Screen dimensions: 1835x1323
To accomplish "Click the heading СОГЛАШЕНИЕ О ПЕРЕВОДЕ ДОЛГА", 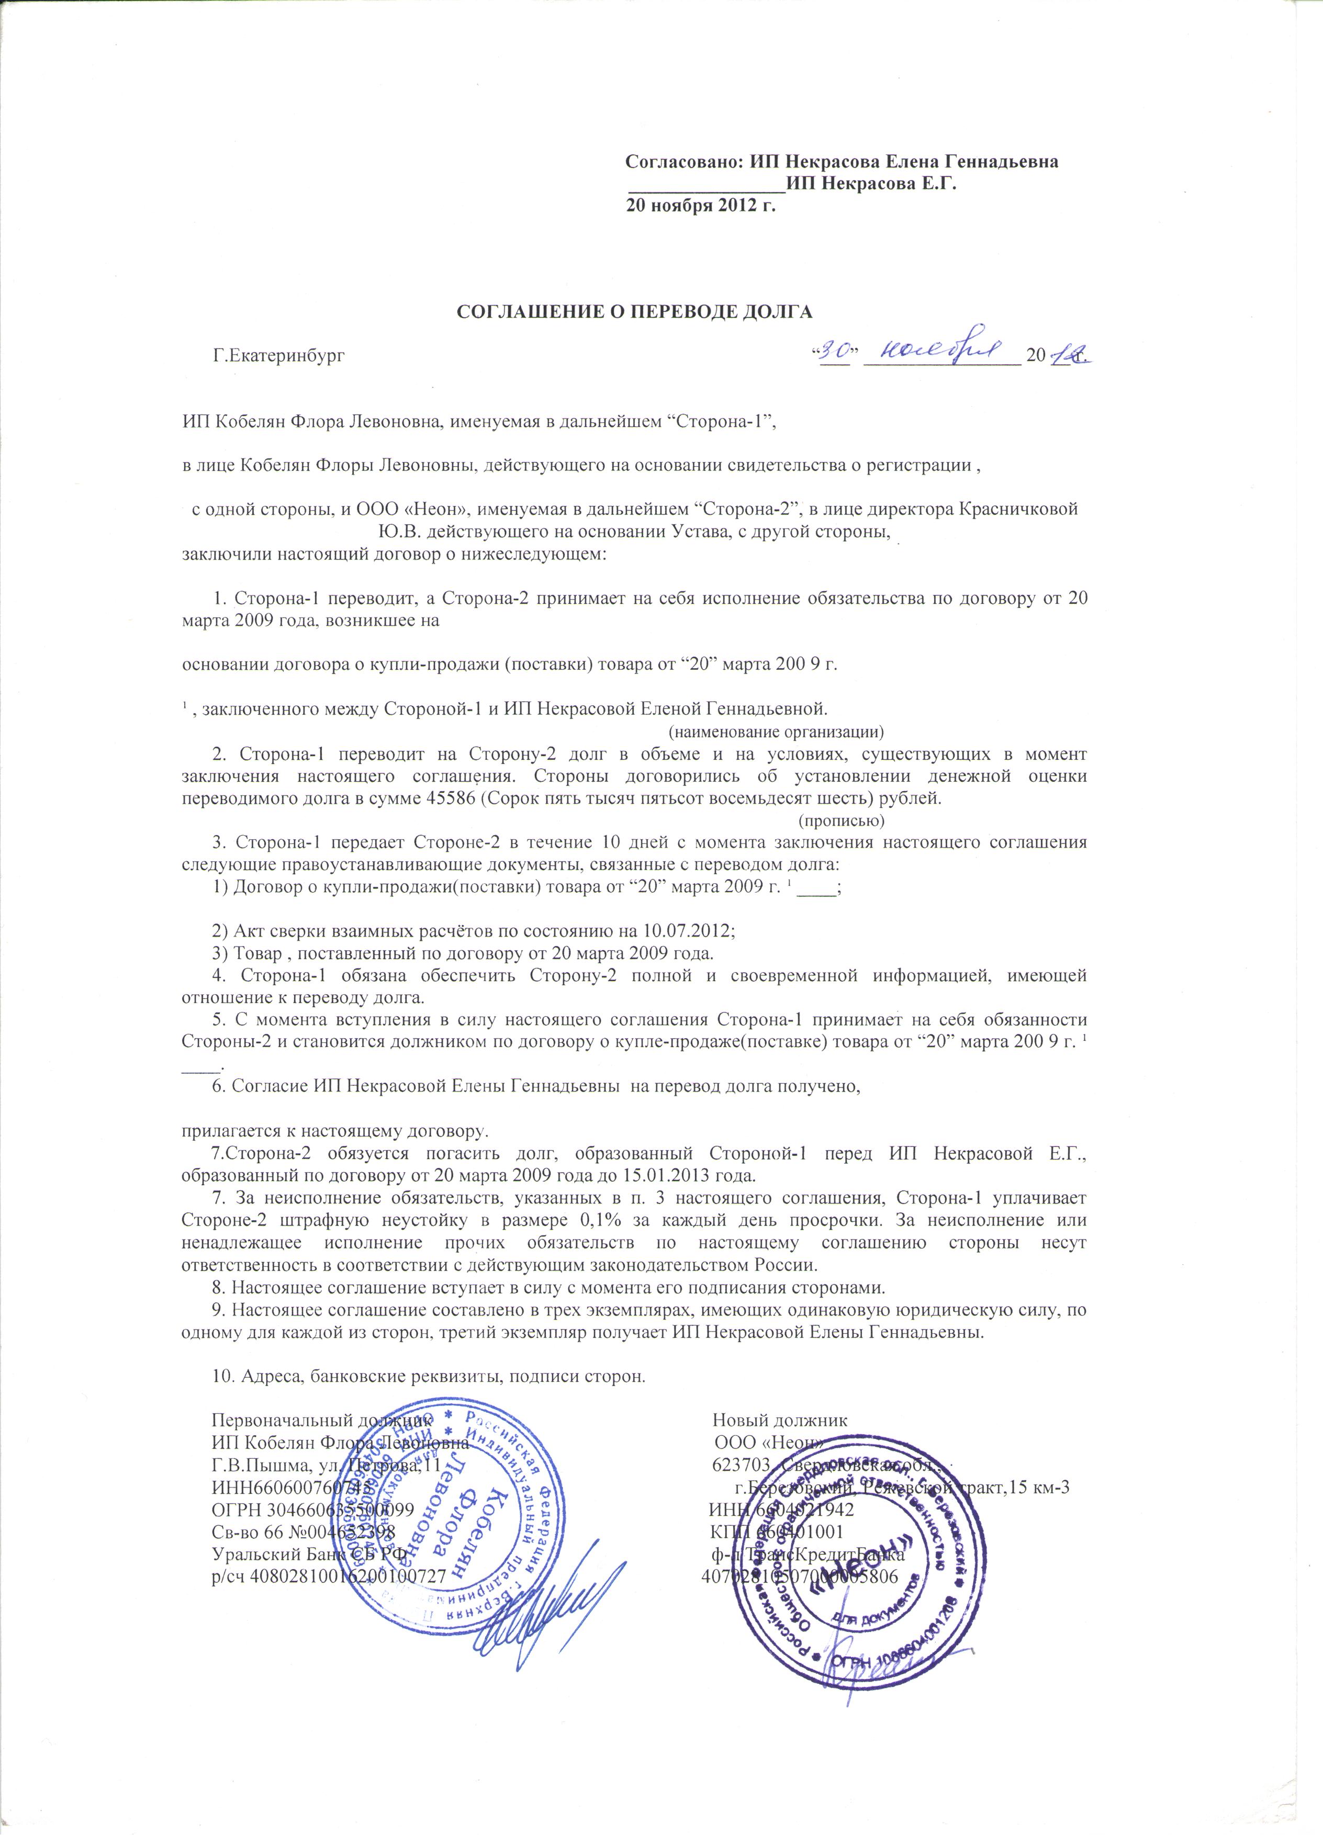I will click(634, 311).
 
